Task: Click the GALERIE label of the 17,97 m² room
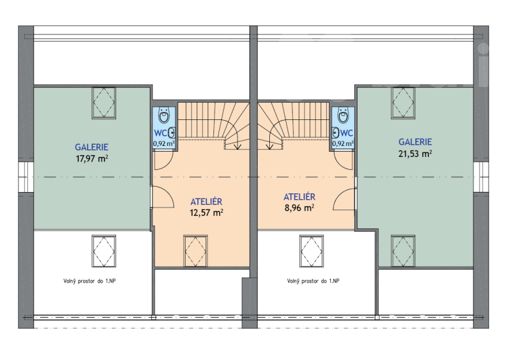tap(91, 147)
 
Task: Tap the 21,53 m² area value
tap(415, 154)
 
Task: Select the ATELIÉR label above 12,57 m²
tap(206, 202)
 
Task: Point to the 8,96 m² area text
tap(299, 208)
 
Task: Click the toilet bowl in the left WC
tap(164, 115)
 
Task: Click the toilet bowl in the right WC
tap(343, 115)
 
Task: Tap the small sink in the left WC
tap(171, 133)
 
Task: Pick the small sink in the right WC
tap(335, 133)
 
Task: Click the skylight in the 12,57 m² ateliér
tap(195, 251)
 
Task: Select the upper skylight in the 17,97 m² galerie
tap(104, 102)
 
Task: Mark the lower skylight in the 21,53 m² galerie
tap(403, 251)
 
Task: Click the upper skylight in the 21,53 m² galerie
tap(403, 102)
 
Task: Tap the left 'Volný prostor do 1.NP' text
tap(90, 282)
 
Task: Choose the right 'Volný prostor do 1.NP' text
tap(313, 282)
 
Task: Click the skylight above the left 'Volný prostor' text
tap(104, 251)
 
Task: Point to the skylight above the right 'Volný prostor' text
tap(311, 251)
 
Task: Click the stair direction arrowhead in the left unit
tap(237, 147)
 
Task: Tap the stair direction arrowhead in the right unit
tap(270, 147)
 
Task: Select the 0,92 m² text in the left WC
tap(163, 144)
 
